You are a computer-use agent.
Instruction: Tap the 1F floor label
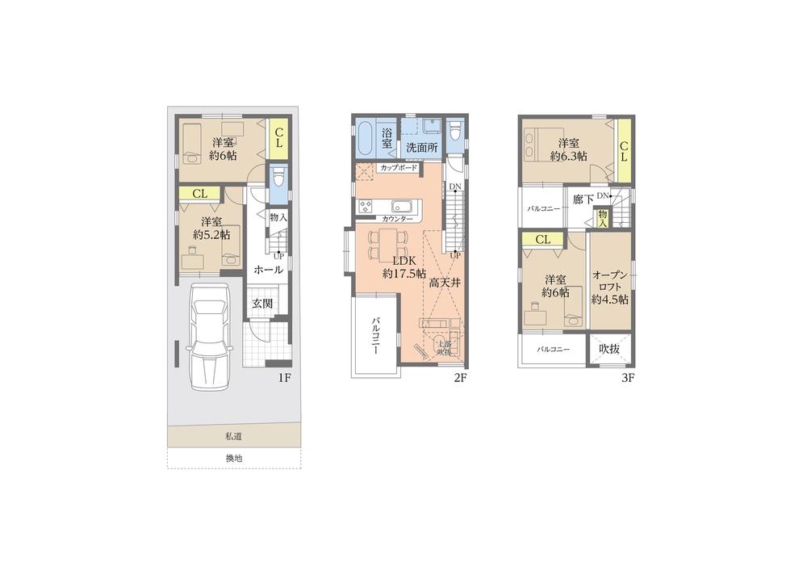pyautogui.click(x=284, y=377)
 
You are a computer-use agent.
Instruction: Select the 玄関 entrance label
pyautogui.click(x=262, y=304)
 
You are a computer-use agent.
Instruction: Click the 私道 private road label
pyautogui.click(x=233, y=436)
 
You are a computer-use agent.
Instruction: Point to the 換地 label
pyautogui.click(x=233, y=458)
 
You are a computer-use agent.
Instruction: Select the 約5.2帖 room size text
pyautogui.click(x=211, y=234)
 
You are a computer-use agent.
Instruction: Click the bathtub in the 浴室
pyautogui.click(x=363, y=141)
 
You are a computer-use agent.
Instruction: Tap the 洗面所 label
pyautogui.click(x=421, y=148)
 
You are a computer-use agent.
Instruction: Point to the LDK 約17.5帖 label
pyautogui.click(x=403, y=267)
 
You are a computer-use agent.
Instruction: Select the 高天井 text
pyautogui.click(x=445, y=283)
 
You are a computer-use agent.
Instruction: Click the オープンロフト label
pyautogui.click(x=610, y=287)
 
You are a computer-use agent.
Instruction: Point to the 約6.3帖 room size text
pyautogui.click(x=568, y=156)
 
